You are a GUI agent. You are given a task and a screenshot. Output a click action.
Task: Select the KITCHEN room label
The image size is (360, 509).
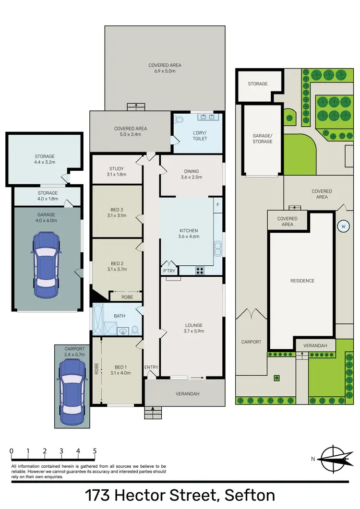(x=188, y=231)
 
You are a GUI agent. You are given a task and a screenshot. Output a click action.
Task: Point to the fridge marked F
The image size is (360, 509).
(x=217, y=204)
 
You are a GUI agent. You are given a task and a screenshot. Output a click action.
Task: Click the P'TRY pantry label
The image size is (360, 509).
(x=169, y=271)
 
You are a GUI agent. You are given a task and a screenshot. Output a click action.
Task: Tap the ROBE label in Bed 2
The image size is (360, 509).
(x=127, y=297)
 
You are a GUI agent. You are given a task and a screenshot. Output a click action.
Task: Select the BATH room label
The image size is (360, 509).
(x=120, y=316)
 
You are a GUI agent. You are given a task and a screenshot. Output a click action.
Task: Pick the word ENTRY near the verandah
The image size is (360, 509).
(x=151, y=367)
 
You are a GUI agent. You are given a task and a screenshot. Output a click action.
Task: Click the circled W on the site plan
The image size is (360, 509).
(x=343, y=226)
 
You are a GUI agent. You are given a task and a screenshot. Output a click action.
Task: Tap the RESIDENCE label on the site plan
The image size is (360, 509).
(x=301, y=281)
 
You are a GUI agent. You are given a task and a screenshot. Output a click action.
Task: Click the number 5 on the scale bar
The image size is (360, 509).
(x=95, y=451)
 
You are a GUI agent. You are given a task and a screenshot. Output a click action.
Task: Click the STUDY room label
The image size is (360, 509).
(x=117, y=168)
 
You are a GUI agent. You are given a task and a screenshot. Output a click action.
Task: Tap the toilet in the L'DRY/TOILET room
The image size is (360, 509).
(x=180, y=120)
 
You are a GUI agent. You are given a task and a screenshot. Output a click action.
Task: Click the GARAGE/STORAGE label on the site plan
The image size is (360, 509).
(x=262, y=139)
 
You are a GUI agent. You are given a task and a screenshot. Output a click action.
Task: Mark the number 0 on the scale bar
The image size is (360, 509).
(x=12, y=451)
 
